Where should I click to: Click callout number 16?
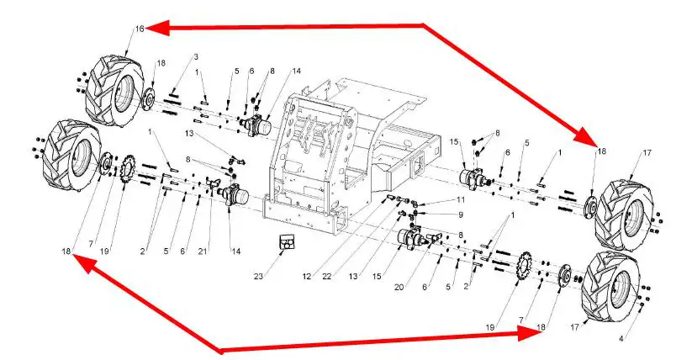tap(140, 29)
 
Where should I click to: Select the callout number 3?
tap(196, 56)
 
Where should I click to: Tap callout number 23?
tap(258, 277)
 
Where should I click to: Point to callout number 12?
tap(307, 277)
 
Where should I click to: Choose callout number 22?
tap(327, 277)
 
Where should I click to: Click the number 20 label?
tap(399, 287)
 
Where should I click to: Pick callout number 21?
tap(203, 251)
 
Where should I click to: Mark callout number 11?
tap(461, 199)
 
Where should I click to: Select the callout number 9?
tap(461, 214)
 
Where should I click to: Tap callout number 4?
tap(621, 339)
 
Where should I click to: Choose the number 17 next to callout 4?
tap(574, 328)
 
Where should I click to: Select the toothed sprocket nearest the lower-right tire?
tap(525, 268)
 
